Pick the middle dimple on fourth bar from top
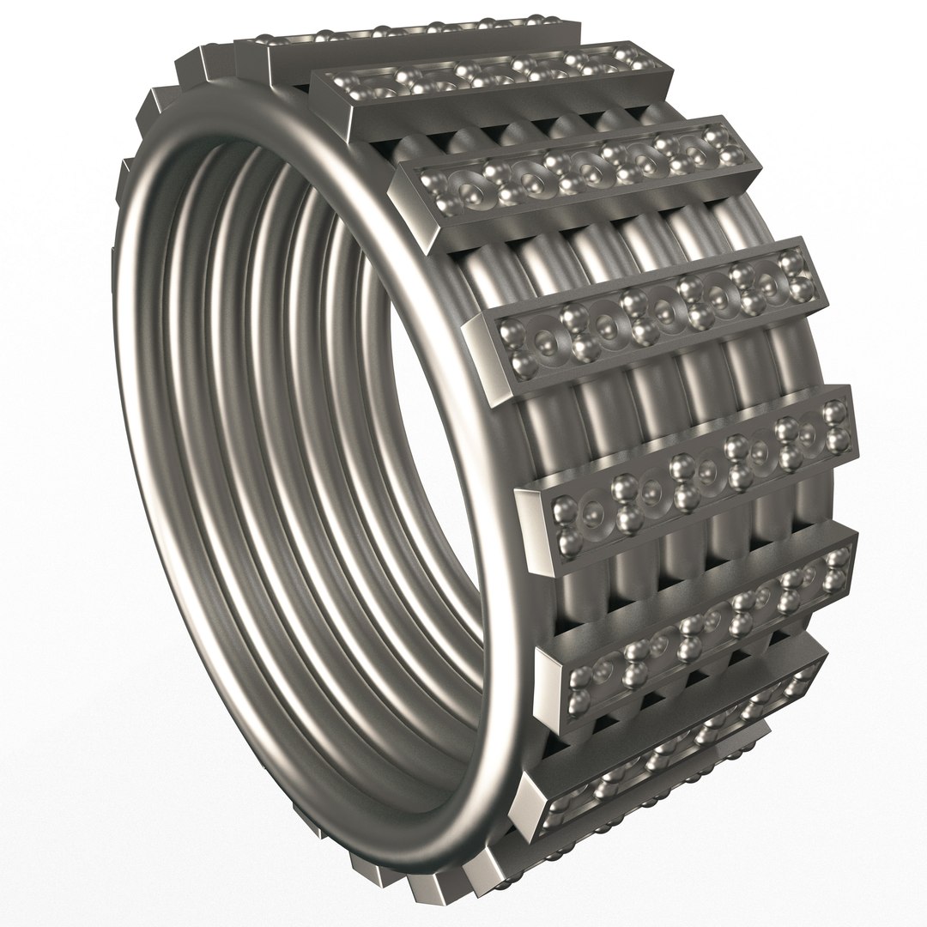click(661, 306)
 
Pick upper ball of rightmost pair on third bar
click(711, 130)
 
